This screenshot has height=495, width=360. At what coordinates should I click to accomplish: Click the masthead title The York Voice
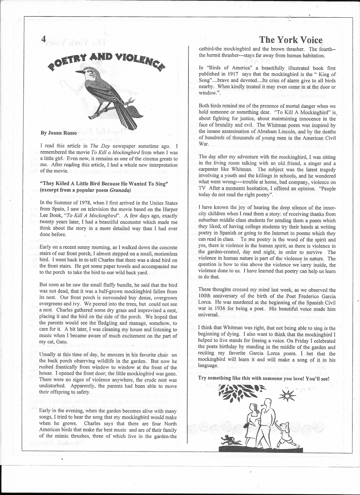point(290,40)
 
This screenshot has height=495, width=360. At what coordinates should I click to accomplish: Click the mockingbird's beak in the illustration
point(78,72)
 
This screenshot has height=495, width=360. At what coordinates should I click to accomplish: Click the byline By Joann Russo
point(59,133)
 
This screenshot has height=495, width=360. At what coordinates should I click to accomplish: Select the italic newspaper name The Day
point(97,146)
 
